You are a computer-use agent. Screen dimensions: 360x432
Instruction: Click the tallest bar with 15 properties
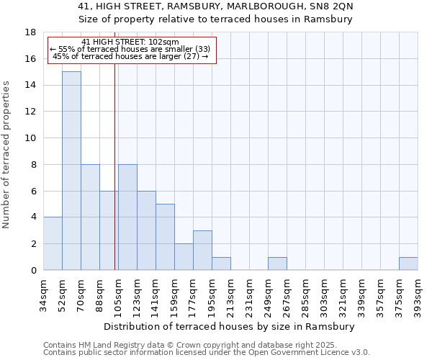(x=71, y=171)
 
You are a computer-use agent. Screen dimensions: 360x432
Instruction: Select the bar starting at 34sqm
(x=53, y=243)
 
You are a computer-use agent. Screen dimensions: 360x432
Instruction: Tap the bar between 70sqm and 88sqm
(x=90, y=217)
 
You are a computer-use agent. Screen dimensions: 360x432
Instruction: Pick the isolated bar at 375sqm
(x=408, y=264)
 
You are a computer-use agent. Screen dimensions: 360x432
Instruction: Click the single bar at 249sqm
(x=277, y=264)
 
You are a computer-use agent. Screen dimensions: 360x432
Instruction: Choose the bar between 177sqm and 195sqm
(x=202, y=250)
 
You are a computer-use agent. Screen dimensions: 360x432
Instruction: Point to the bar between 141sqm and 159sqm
(x=165, y=237)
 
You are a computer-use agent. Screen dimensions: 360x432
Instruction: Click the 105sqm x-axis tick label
(x=118, y=293)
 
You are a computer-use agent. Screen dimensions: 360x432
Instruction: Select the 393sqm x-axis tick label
(x=418, y=293)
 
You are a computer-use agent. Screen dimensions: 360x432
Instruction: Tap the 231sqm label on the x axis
(x=249, y=293)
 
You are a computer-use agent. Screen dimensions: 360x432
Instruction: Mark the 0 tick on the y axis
(x=33, y=271)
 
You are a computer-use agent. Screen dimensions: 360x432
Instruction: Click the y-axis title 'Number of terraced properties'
(x=7, y=155)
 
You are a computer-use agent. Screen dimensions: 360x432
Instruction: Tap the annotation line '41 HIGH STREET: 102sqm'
(x=130, y=42)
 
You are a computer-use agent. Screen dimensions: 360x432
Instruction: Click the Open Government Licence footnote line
(x=207, y=353)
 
